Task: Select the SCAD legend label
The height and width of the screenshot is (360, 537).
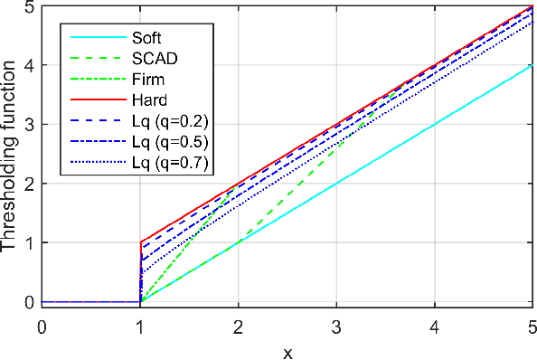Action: click(x=152, y=60)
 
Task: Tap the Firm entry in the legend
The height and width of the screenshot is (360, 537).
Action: click(x=146, y=81)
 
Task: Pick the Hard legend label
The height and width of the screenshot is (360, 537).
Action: click(x=146, y=100)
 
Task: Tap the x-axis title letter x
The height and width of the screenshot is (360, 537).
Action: click(x=287, y=351)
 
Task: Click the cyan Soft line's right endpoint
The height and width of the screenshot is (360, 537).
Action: click(x=532, y=65)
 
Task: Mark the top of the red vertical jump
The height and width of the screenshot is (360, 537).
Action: click(x=140, y=242)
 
